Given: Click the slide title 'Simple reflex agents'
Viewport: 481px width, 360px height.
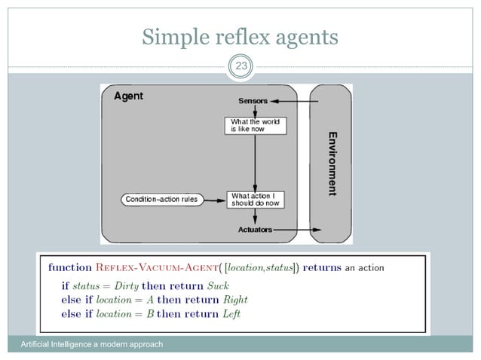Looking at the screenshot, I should (x=240, y=36).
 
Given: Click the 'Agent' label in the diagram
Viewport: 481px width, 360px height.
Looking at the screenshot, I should (x=128, y=96).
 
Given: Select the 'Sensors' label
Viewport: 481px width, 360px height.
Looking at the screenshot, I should (x=253, y=101).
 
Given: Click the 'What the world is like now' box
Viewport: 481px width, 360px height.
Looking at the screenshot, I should (x=256, y=125).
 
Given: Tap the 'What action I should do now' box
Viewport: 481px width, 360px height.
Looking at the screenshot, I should (x=256, y=200).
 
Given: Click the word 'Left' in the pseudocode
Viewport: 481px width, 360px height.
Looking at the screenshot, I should (x=230, y=313).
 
